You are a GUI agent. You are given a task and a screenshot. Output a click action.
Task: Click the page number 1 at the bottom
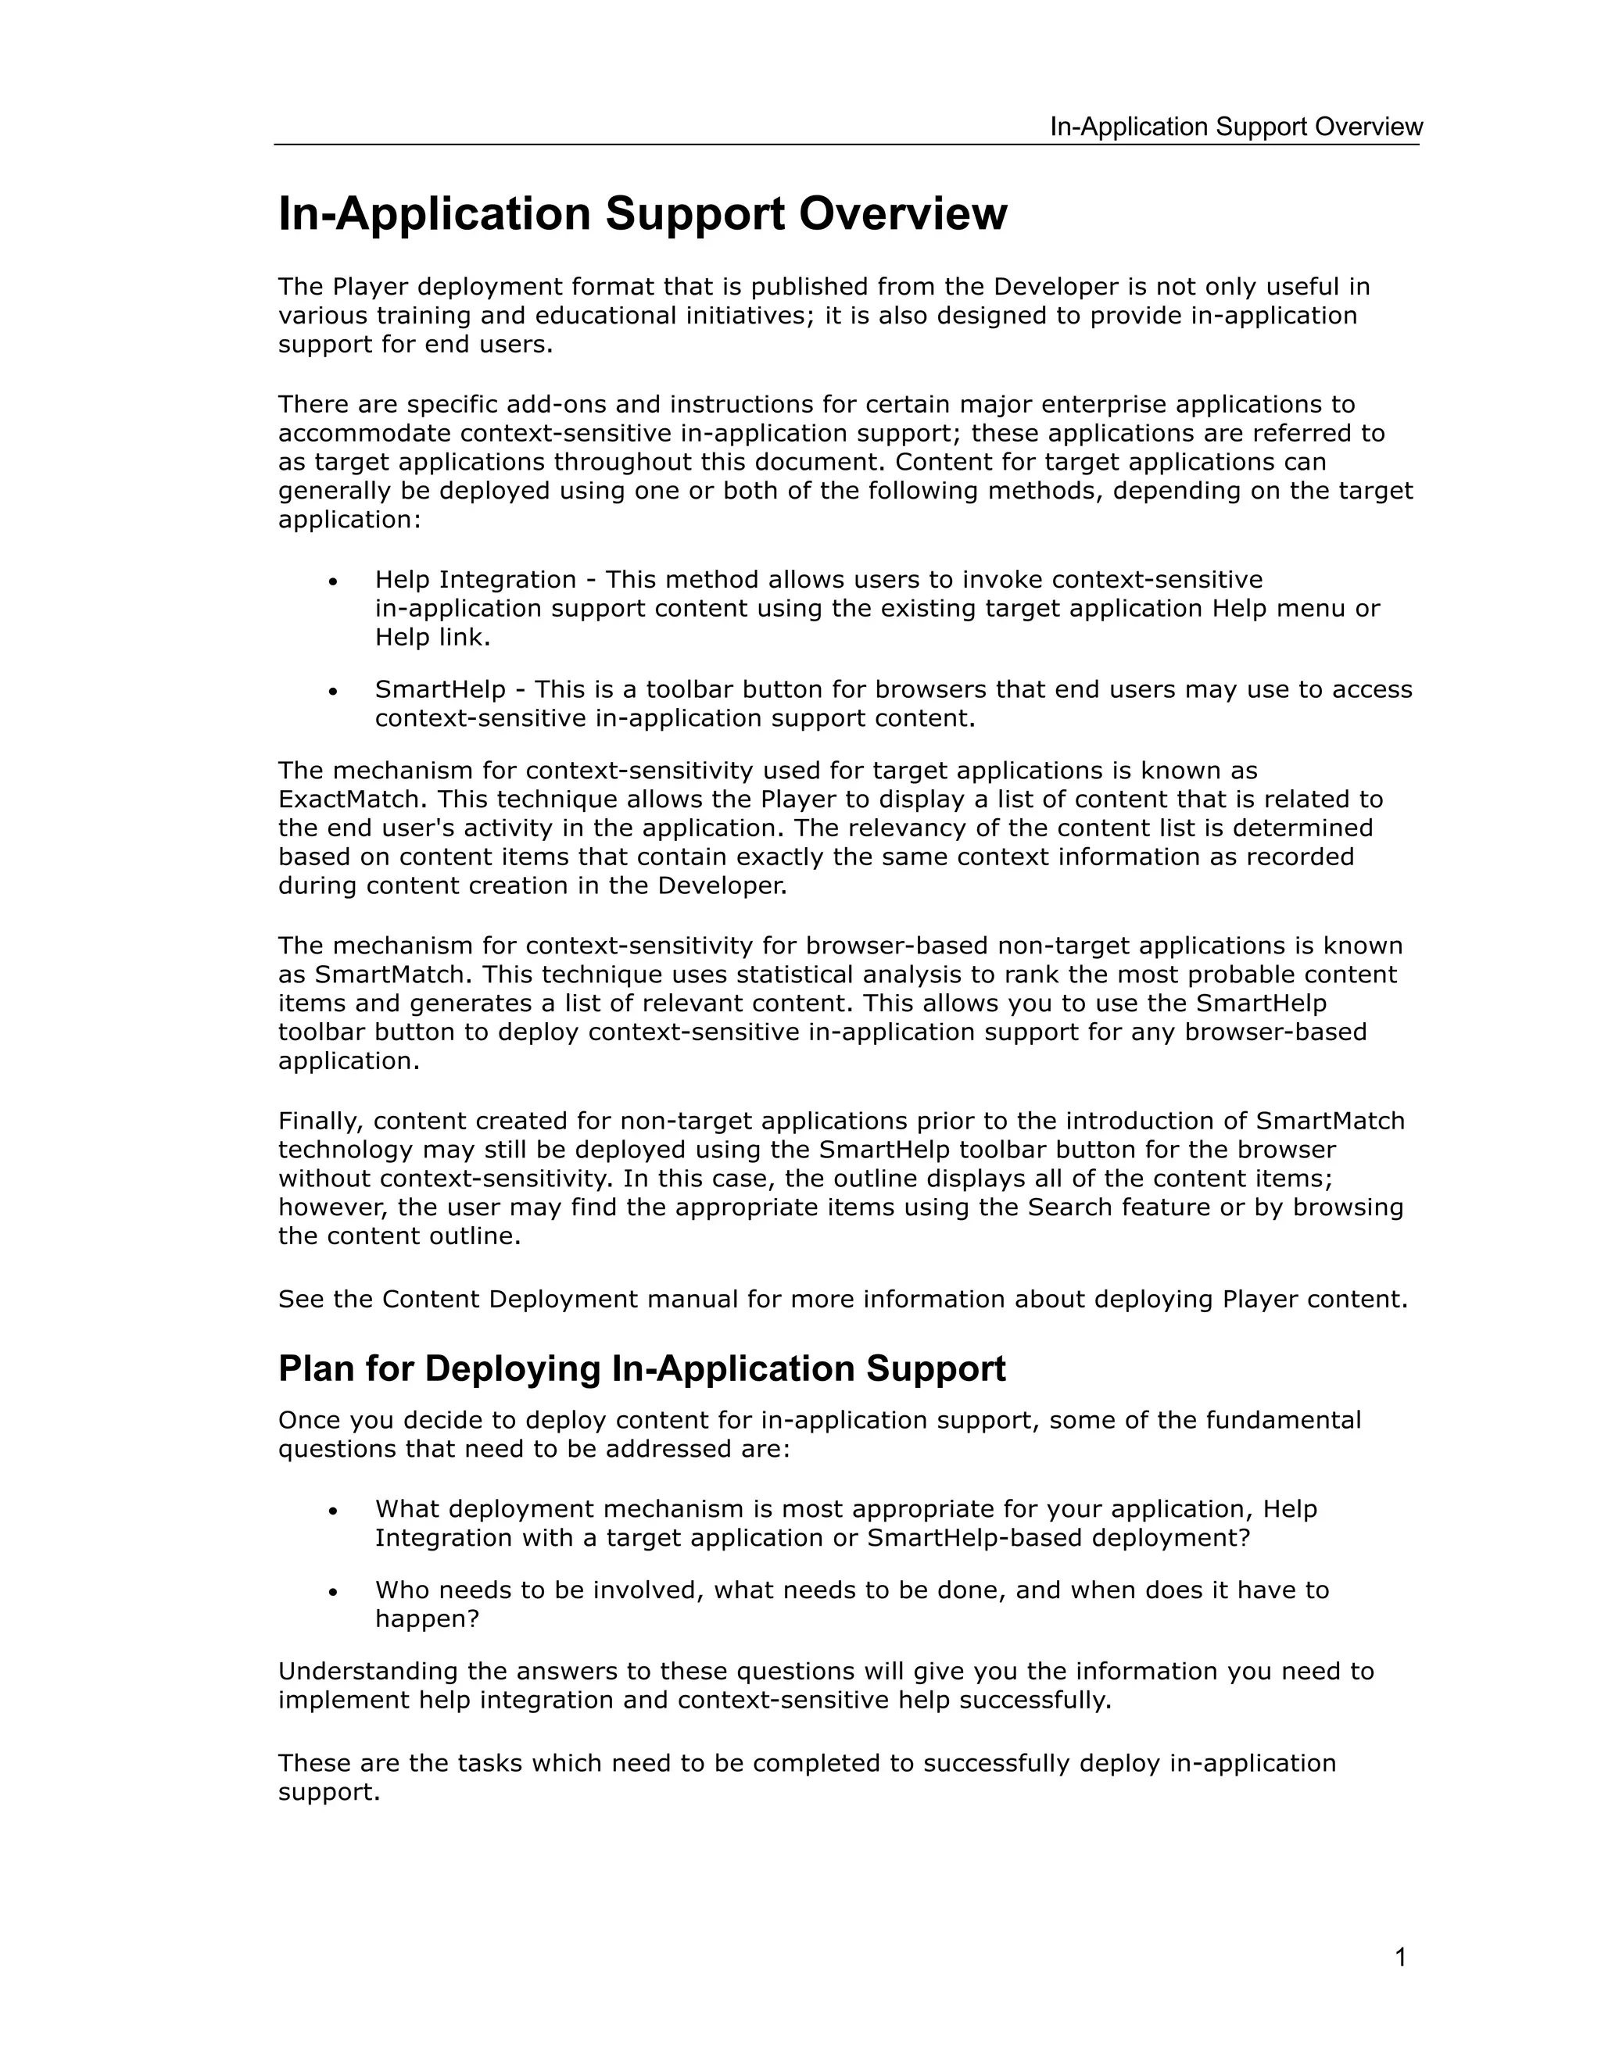coord(1400,1957)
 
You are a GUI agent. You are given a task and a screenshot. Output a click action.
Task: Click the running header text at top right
coord(1235,127)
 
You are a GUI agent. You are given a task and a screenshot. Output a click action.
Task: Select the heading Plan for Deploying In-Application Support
coord(641,1369)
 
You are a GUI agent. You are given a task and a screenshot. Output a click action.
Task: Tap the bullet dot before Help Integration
coord(333,581)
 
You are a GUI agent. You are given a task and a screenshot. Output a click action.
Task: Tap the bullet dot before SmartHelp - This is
coord(333,692)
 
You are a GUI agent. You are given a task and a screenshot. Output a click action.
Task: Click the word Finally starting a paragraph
coord(321,1121)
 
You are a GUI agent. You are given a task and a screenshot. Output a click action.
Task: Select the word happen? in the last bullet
coord(427,1619)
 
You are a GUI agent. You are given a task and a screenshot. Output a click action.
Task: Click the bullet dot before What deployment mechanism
coord(333,1511)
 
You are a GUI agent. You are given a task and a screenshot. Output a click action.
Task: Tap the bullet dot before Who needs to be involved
coord(333,1591)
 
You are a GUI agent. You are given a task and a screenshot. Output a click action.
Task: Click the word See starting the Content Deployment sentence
coord(301,1299)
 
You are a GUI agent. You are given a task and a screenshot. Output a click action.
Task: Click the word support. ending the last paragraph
coord(328,1793)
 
